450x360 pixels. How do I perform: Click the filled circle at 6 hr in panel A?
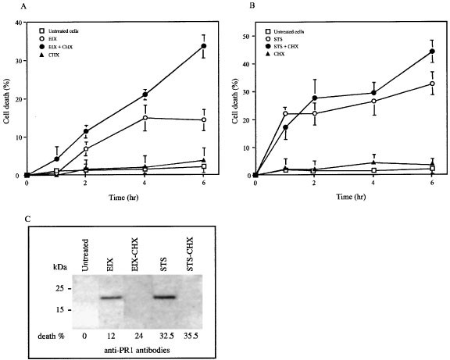(x=204, y=46)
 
